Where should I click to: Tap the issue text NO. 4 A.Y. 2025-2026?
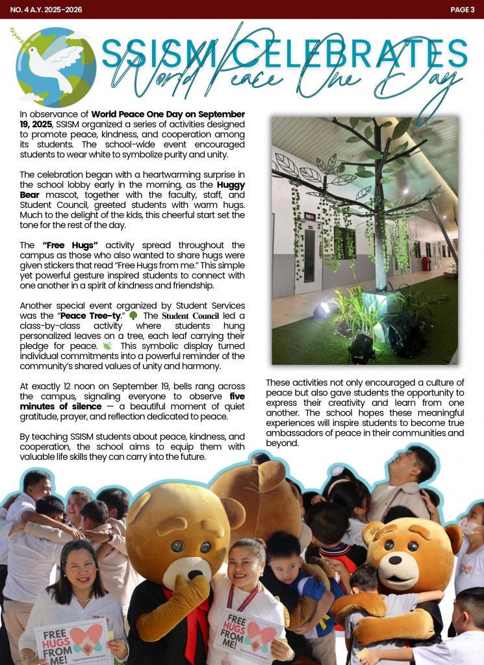pos(42,9)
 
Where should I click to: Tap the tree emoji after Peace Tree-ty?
pos(133,316)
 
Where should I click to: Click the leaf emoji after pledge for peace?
pos(107,347)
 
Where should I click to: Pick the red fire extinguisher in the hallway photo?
pos(426,264)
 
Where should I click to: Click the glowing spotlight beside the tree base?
pos(325,308)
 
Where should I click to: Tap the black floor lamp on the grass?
pos(362,349)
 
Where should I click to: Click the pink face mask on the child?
pos(473,525)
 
